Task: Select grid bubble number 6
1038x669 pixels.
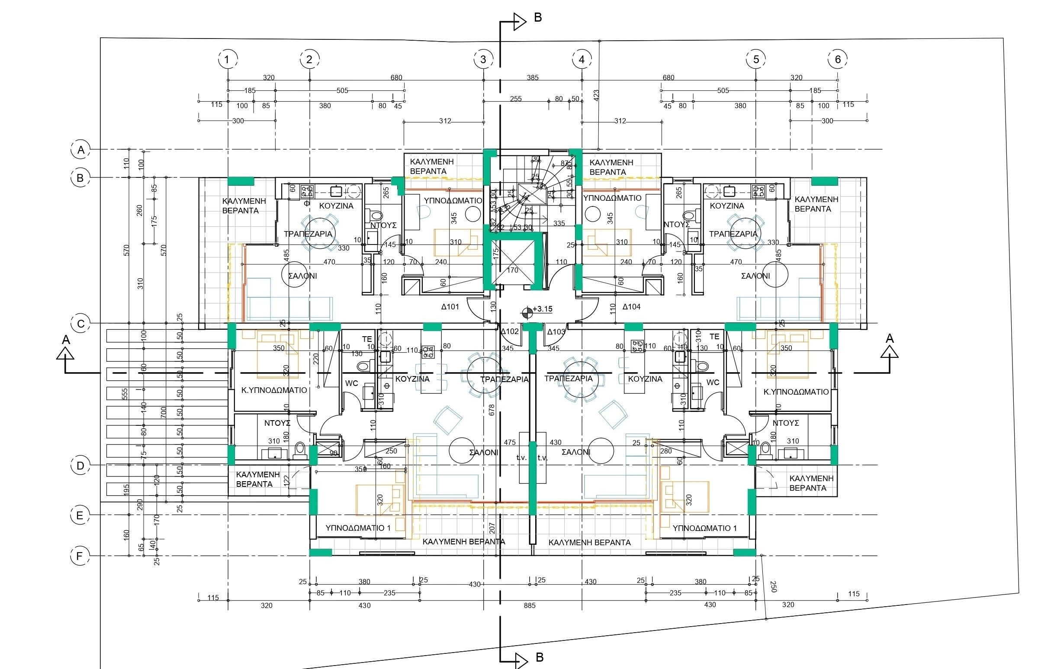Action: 837,59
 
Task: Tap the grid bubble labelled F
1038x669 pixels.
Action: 80,556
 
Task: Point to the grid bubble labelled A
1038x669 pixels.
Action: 80,150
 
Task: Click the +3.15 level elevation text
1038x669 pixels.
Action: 543,309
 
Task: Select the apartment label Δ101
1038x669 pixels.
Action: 450,307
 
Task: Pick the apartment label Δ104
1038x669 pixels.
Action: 631,307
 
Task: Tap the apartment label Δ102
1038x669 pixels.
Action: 509,331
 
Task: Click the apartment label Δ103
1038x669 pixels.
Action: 556,332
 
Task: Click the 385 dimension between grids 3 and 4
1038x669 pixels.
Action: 533,78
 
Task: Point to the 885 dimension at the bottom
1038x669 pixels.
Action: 530,605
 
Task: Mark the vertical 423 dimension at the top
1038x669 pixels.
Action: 596,95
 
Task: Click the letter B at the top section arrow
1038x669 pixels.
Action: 538,18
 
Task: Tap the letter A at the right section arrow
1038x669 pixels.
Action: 890,338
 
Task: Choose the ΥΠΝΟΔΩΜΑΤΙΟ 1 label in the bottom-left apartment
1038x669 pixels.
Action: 358,528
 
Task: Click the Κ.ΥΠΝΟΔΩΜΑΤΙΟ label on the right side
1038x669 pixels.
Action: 796,392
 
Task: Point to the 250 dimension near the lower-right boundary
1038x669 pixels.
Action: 773,586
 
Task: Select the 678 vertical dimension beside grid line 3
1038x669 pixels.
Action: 492,410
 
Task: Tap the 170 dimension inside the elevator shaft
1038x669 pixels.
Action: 512,270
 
